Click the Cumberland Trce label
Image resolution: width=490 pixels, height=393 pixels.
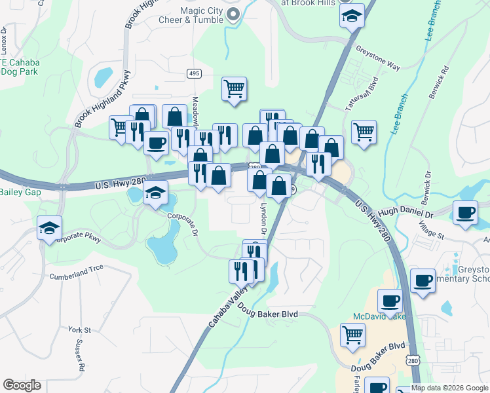[x=76, y=276]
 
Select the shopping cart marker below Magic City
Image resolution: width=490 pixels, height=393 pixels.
[x=234, y=88]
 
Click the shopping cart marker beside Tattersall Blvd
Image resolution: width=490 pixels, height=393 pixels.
[x=364, y=132]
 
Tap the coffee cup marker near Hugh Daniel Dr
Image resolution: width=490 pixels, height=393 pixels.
[x=466, y=214]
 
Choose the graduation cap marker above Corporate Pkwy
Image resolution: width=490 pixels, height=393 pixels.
[x=50, y=228]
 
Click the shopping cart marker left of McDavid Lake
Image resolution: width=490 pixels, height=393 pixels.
[x=352, y=335]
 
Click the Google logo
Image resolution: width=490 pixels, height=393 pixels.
[x=22, y=385]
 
